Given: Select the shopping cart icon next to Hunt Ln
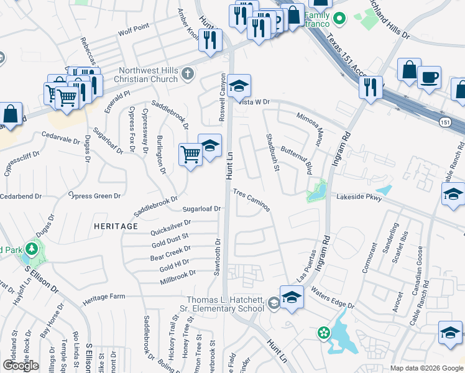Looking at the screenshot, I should click(190, 154).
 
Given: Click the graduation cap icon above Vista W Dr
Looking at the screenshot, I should click(238, 86).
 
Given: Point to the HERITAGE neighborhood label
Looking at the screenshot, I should click(116, 226).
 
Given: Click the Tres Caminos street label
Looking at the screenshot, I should click(252, 200).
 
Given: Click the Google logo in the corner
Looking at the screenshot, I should click(21, 365).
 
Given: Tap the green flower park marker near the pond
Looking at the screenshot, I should click(323, 333).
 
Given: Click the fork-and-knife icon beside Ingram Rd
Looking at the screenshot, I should click(371, 86).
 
